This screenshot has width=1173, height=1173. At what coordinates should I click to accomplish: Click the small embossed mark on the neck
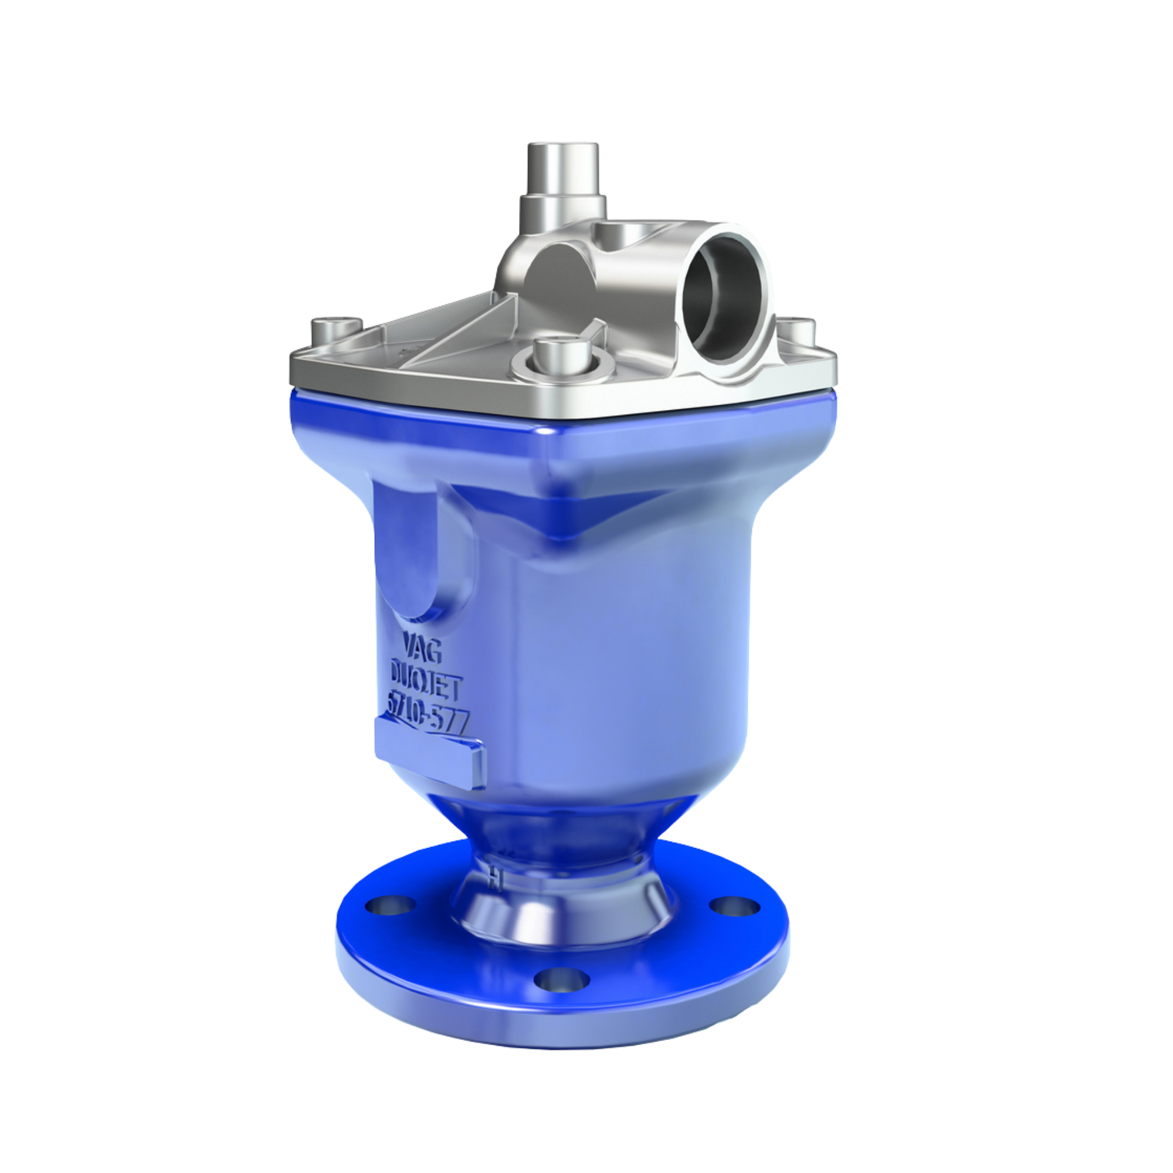point(496,876)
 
